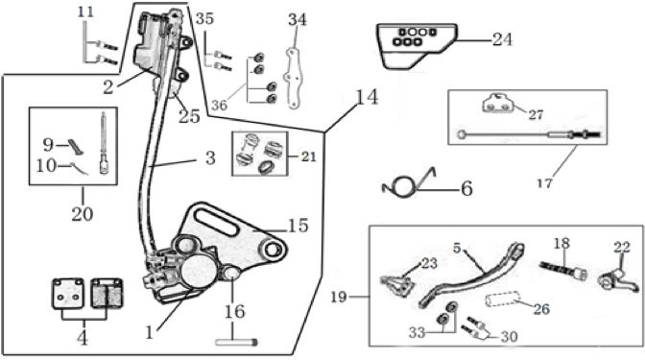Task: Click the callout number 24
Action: (502, 40)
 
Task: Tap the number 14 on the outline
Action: (367, 98)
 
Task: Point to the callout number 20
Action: (83, 213)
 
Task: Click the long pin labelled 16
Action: (236, 342)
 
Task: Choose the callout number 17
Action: (545, 182)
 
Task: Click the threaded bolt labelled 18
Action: (563, 271)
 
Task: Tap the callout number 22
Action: (622, 248)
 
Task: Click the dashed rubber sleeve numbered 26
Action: (501, 300)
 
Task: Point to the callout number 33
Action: (417, 332)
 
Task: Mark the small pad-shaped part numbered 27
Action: (498, 104)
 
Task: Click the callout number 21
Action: (309, 156)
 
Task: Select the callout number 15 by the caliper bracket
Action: (299, 226)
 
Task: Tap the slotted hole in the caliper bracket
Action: (217, 222)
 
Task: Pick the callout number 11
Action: (86, 12)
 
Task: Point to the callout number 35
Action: (204, 18)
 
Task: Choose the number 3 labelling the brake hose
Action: (210, 157)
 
